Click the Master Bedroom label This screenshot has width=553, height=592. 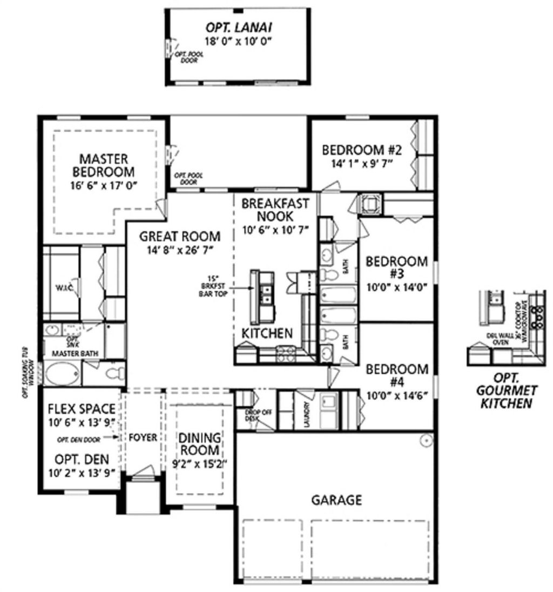tap(103, 165)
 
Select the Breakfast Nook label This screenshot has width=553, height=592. tap(275, 210)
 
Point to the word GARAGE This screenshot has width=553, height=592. tap(336, 500)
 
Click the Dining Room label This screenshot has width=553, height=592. tap(199, 443)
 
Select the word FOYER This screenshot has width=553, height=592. tap(143, 437)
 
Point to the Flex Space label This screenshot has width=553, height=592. tap(82, 408)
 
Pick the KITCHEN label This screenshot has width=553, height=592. tap(267, 333)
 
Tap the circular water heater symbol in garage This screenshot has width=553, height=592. tap(426, 441)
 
